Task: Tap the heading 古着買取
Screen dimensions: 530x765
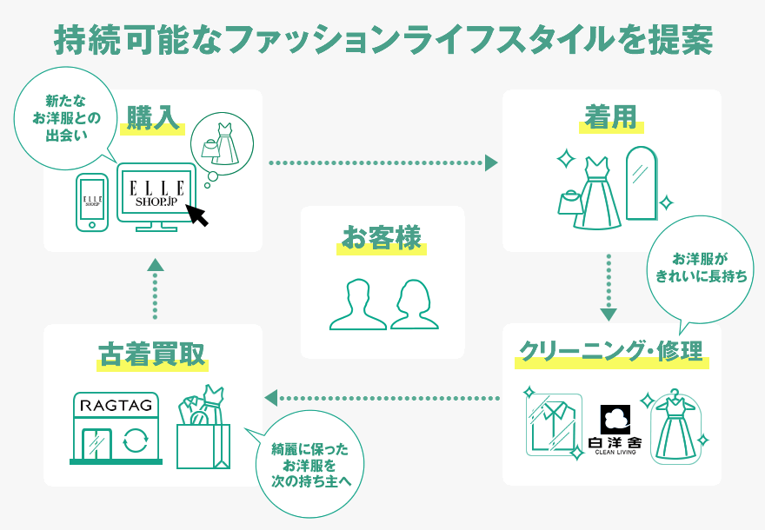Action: point(152,354)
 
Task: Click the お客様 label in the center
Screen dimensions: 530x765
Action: point(382,236)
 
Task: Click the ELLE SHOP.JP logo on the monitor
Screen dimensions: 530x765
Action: point(156,193)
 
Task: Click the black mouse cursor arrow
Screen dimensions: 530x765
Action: point(199,215)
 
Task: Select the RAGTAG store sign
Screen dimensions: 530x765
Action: point(116,406)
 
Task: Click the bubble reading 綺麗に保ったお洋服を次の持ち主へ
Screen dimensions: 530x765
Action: point(309,465)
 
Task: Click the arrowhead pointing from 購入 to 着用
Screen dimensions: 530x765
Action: point(492,162)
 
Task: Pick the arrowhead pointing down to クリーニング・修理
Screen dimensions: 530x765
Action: point(609,314)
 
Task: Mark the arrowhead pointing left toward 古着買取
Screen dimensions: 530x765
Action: point(270,398)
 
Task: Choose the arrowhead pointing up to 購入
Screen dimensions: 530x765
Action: point(154,265)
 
